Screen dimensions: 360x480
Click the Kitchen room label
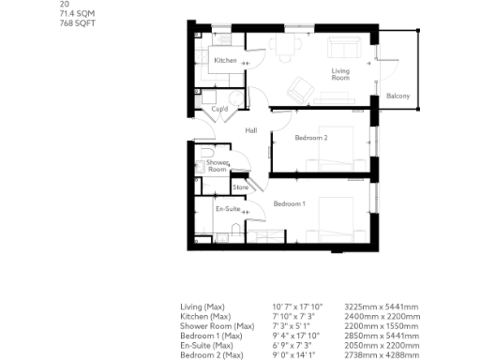point(225,61)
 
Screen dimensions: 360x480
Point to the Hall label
point(251,130)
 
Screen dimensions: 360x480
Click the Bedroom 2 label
point(311,138)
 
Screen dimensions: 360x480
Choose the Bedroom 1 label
point(290,203)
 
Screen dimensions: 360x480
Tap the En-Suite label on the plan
point(228,209)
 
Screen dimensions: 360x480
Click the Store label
point(239,187)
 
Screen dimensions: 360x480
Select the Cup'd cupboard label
point(221,109)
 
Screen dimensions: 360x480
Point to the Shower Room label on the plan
point(217,166)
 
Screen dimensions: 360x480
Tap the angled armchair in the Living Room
point(299,88)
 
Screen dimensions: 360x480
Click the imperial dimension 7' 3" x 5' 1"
point(290,325)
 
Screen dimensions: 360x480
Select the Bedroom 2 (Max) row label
point(212,354)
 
